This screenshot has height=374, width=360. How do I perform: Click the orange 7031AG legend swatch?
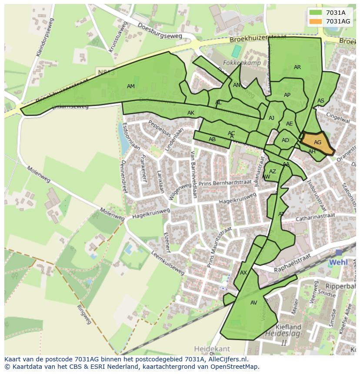(x=316, y=21)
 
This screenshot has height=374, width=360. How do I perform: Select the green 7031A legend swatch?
(x=316, y=13)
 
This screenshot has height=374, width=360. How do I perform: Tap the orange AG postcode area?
(x=317, y=142)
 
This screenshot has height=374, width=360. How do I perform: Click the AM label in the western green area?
(x=131, y=86)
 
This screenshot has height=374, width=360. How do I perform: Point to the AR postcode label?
(x=297, y=67)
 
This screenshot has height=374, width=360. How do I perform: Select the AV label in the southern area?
(x=254, y=303)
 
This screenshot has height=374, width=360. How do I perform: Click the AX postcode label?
(x=243, y=273)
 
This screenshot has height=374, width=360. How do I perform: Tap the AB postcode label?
(x=212, y=139)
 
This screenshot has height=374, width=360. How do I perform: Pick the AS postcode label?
(x=321, y=101)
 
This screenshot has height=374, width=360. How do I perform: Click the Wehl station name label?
(x=338, y=262)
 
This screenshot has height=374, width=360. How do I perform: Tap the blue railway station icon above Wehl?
(x=339, y=252)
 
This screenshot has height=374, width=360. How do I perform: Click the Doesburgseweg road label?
(x=160, y=31)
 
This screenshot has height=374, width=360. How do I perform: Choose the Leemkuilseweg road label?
(x=168, y=264)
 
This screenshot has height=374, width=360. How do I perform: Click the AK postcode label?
(x=191, y=113)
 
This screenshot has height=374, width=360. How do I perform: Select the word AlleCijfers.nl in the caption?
(x=227, y=359)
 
